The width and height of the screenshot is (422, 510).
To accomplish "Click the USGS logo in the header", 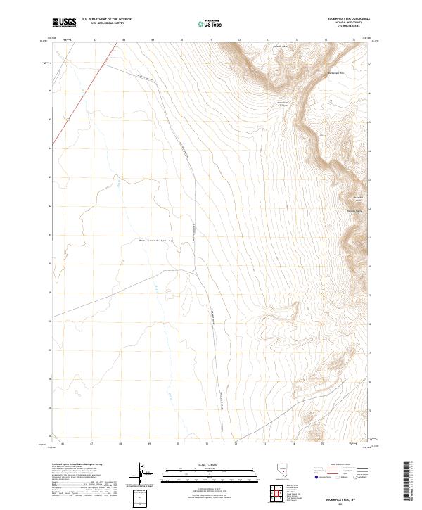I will [x=65, y=23].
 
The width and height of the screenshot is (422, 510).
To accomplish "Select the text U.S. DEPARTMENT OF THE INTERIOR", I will [x=106, y=20].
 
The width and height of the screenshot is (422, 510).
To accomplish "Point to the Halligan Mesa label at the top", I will [x=279, y=46].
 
